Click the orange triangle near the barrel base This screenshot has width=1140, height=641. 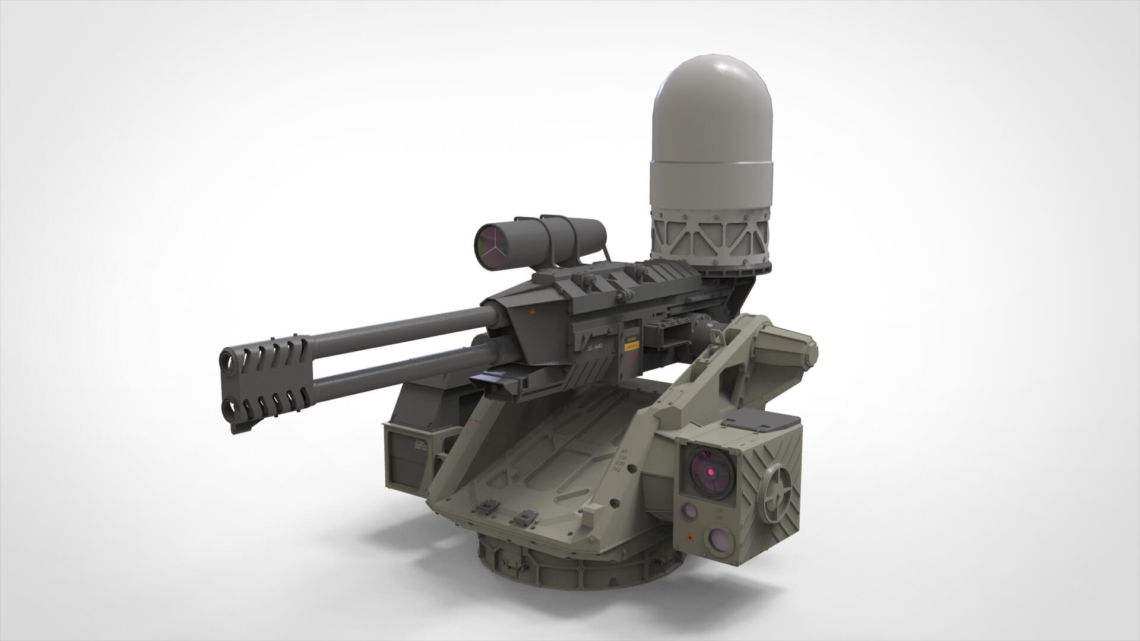point(532,311)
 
